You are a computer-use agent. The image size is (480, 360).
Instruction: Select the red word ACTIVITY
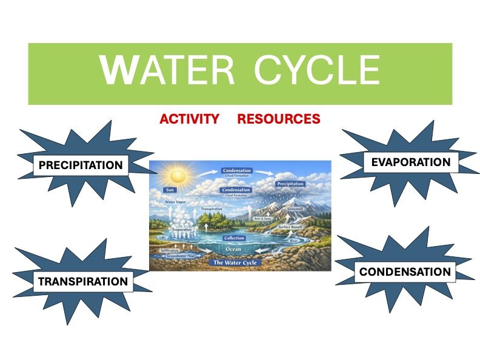(x=189, y=119)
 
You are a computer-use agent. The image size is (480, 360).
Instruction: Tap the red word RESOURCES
(x=278, y=119)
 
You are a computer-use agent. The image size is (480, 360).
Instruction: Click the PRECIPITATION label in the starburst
(x=81, y=165)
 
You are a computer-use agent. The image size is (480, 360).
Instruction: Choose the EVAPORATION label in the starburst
(x=410, y=162)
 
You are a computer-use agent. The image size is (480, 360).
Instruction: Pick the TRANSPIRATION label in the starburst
(x=83, y=281)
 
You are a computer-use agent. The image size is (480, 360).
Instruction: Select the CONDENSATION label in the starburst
(x=405, y=272)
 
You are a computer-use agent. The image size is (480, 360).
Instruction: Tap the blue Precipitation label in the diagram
(x=290, y=184)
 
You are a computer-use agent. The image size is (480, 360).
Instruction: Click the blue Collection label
(x=233, y=238)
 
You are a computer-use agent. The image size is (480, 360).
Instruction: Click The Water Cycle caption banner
(x=233, y=262)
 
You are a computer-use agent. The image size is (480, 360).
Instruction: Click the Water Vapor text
(x=175, y=202)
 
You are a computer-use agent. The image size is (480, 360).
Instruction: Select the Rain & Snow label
(x=262, y=218)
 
